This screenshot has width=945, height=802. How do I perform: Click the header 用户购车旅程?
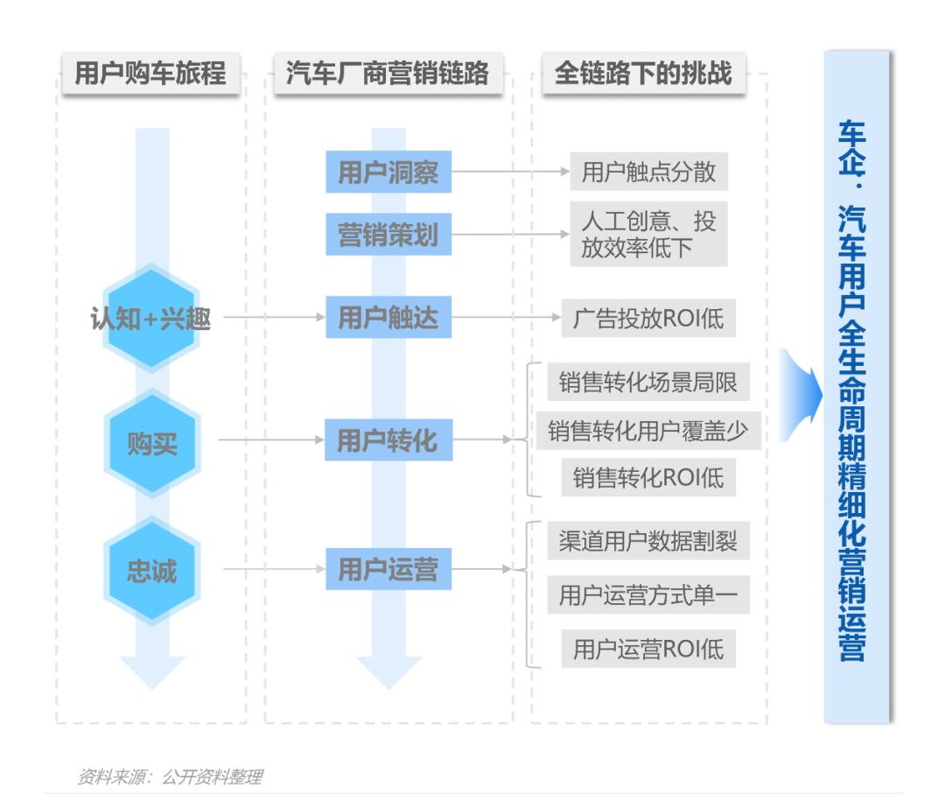click(x=150, y=73)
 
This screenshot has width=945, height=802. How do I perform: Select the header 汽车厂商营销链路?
click(x=387, y=73)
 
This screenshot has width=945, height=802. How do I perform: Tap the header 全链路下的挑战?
click(x=643, y=73)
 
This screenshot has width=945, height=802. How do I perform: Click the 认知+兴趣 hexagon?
click(x=151, y=319)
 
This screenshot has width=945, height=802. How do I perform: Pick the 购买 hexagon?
click(x=151, y=443)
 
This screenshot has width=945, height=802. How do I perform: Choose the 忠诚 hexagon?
click(x=151, y=571)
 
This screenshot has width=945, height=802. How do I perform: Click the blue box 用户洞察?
click(x=388, y=172)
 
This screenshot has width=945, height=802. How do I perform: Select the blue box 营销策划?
click(x=388, y=235)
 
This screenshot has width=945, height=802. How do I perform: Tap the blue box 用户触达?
click(x=388, y=317)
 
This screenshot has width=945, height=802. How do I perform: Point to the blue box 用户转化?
click(x=388, y=440)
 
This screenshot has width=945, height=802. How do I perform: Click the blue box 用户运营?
click(x=388, y=570)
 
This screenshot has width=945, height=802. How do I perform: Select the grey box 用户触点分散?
click(x=648, y=172)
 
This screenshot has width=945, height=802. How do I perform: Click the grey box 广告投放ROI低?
click(x=648, y=317)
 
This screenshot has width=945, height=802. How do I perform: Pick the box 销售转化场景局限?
click(x=648, y=383)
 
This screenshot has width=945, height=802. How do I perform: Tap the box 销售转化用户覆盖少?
click(x=648, y=431)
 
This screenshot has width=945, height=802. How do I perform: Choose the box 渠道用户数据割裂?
click(x=648, y=541)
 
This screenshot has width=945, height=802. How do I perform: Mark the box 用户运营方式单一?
click(x=648, y=596)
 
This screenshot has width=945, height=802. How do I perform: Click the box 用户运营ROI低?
click(x=648, y=649)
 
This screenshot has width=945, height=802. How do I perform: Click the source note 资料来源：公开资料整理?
click(x=170, y=777)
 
